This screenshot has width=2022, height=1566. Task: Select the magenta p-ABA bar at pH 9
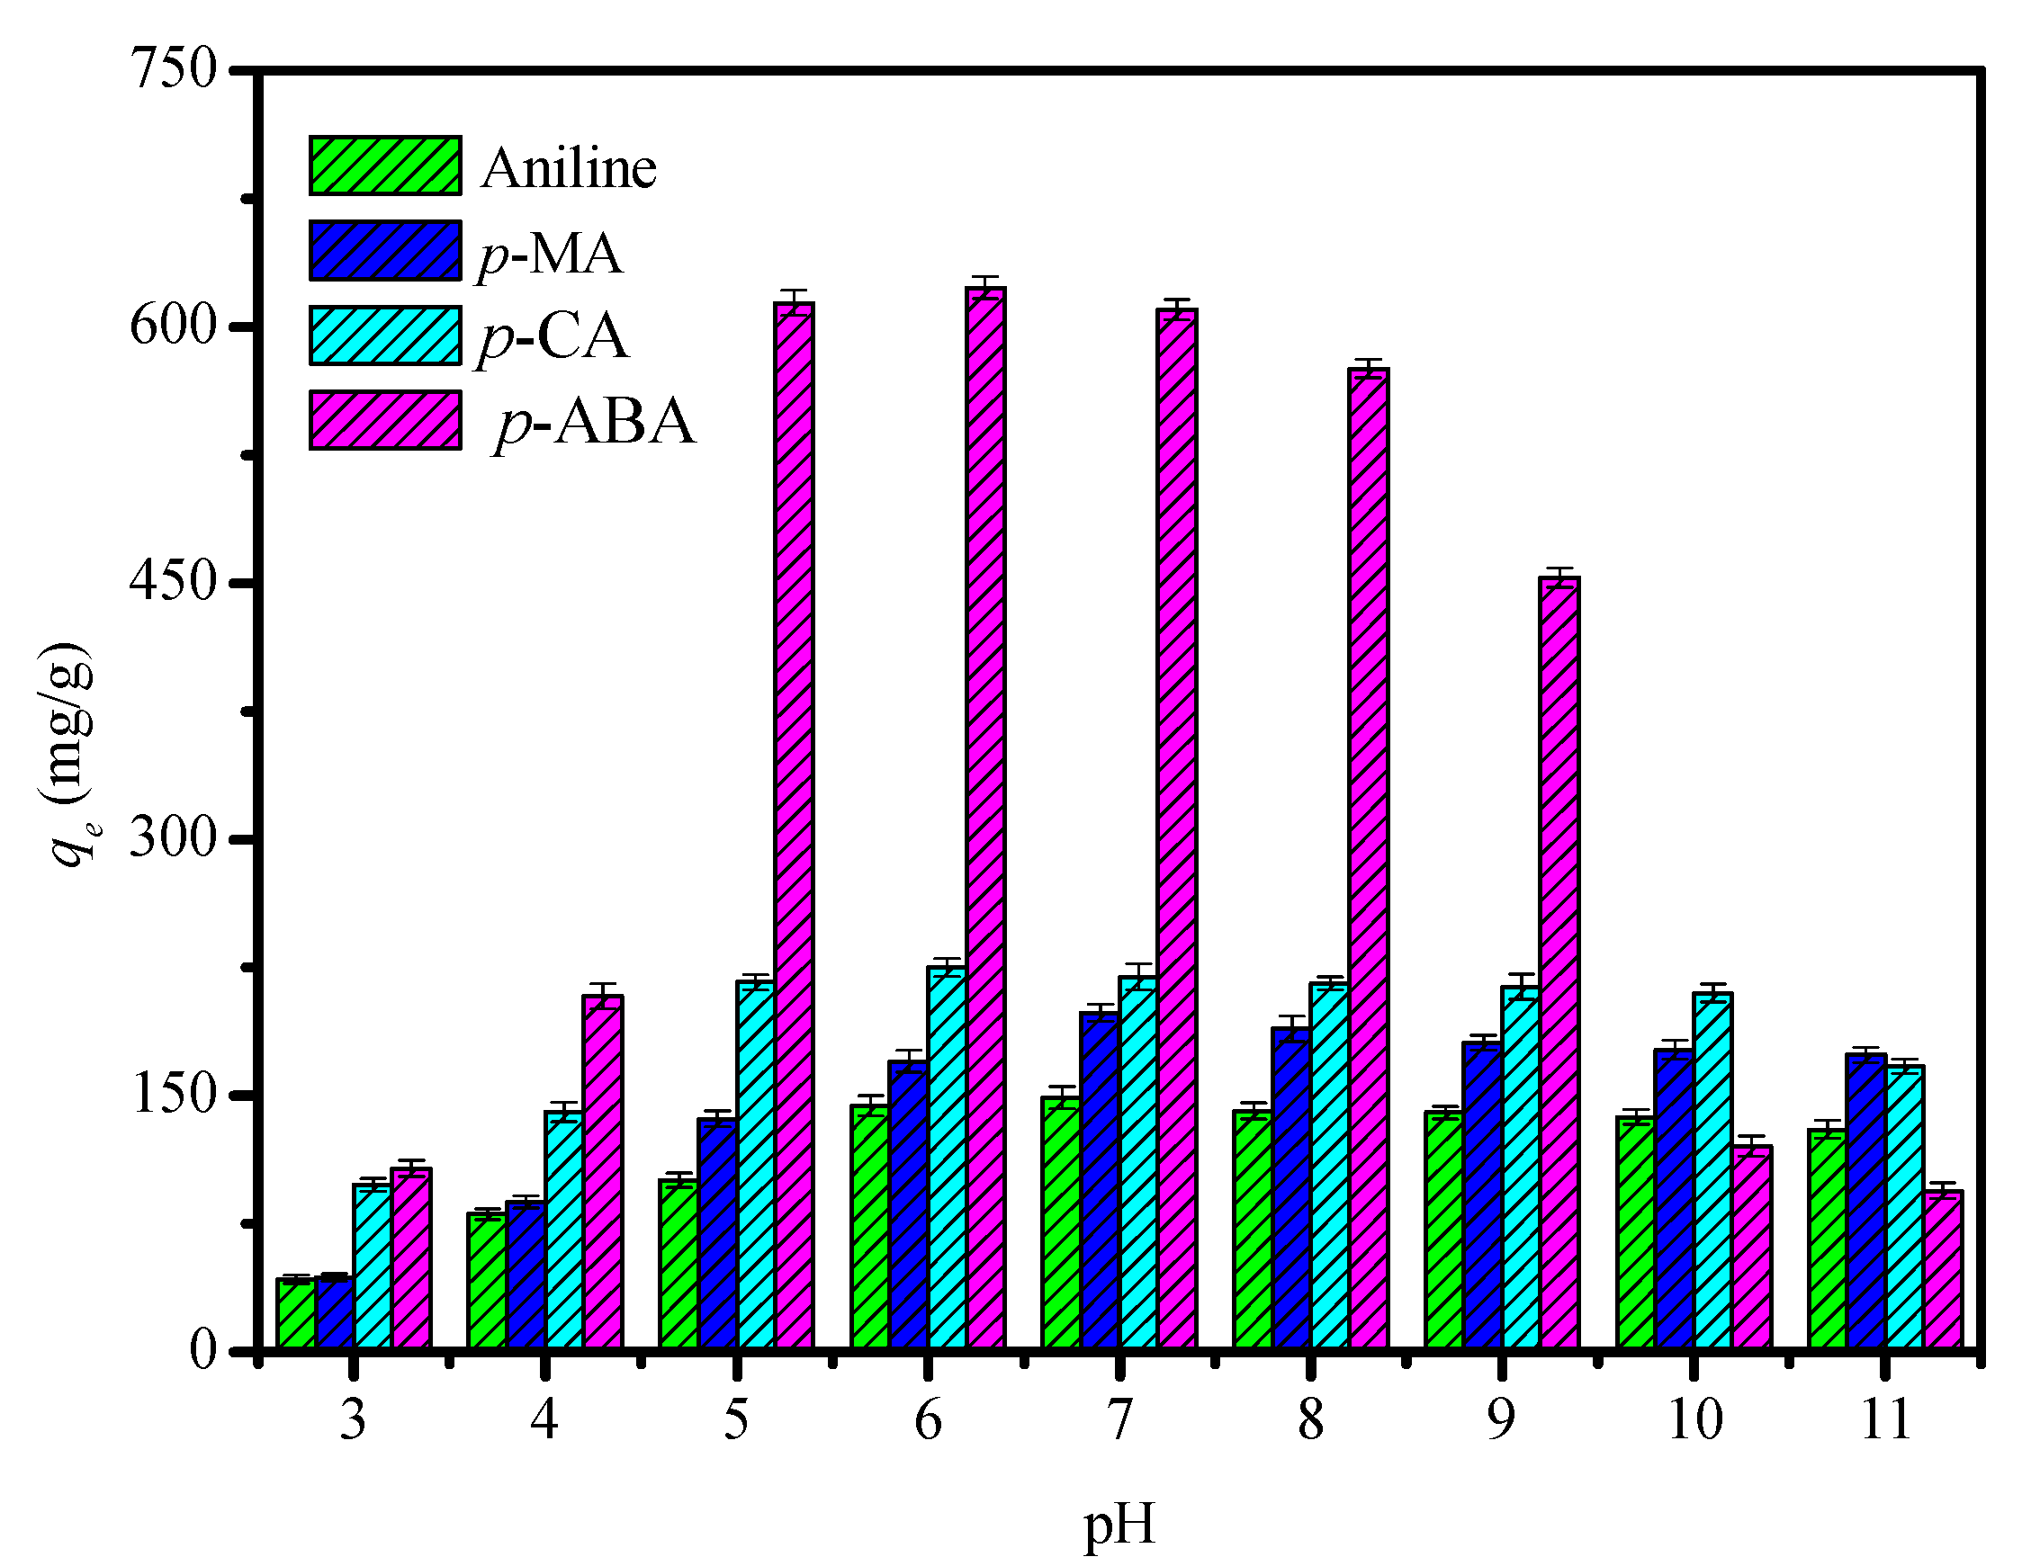tap(1559, 962)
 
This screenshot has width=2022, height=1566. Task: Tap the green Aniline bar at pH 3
tap(296, 1313)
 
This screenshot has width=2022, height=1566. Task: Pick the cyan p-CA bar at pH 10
tap(1712, 1171)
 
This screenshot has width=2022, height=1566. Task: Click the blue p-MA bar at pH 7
tap(1100, 1180)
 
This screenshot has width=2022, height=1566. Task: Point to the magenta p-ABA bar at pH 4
tap(603, 1172)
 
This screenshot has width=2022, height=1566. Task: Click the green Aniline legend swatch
tap(385, 166)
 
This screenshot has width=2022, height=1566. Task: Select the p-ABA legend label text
tap(595, 422)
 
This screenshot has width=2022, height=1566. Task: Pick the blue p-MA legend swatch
tap(385, 251)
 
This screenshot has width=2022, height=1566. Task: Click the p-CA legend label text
tap(553, 337)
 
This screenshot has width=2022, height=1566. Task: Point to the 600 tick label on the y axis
tap(173, 327)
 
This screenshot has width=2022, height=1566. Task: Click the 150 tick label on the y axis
tap(173, 1094)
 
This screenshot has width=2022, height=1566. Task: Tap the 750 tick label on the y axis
tap(173, 69)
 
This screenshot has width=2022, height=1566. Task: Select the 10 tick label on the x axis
tap(1694, 1419)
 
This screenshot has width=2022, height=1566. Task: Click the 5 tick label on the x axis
tap(736, 1419)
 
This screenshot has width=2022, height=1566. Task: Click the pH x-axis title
tap(1119, 1526)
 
